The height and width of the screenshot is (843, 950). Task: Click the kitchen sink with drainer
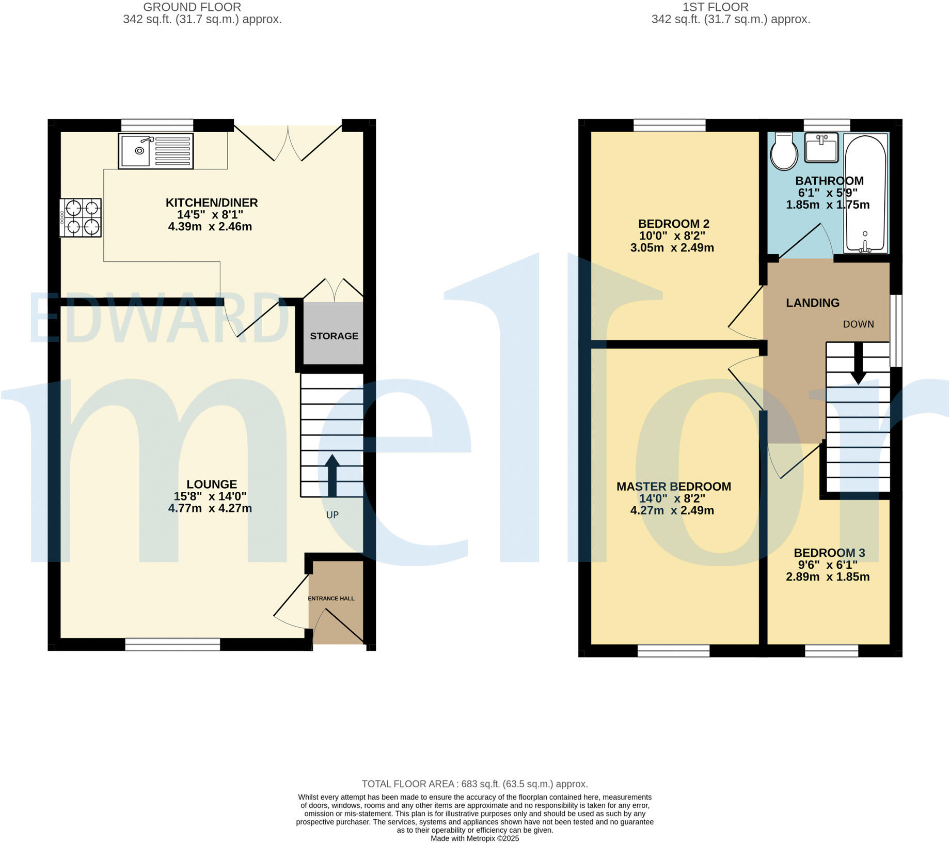click(x=155, y=151)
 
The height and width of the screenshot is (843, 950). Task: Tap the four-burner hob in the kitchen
click(x=81, y=217)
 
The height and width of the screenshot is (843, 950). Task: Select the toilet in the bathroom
click(x=783, y=151)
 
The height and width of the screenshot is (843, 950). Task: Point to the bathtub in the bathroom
click(x=865, y=194)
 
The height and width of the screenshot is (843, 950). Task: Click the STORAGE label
click(x=334, y=336)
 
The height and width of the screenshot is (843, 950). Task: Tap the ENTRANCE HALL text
click(x=331, y=598)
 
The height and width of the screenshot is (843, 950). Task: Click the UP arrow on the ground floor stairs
click(x=331, y=475)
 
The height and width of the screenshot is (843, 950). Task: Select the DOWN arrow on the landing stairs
click(x=858, y=364)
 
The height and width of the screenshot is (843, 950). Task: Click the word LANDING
click(x=812, y=303)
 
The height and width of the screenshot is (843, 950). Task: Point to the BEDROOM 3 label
click(x=829, y=553)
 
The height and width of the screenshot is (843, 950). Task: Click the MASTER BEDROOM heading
click(x=673, y=486)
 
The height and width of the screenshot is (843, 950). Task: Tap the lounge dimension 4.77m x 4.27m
click(x=210, y=508)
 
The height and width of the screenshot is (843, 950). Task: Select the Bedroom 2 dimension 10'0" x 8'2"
click(x=672, y=236)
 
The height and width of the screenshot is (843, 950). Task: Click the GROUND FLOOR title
click(x=192, y=7)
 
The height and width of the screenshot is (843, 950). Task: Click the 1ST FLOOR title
click(x=715, y=7)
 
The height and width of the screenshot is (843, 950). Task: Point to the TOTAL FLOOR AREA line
click(x=474, y=784)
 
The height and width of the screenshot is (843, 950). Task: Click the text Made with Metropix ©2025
click(x=474, y=838)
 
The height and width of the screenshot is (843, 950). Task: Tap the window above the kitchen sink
click(x=157, y=125)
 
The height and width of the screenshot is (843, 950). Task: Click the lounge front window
click(x=172, y=644)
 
